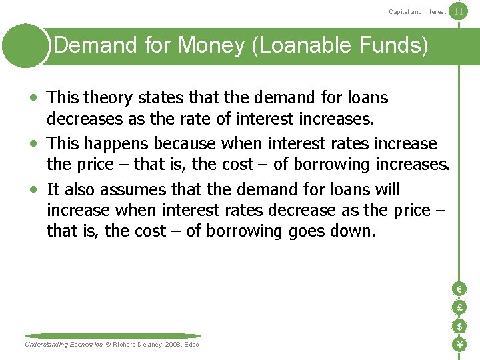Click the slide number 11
458,11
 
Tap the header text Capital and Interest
417,11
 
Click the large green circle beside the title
25,45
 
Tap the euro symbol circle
459,289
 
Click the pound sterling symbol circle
459,307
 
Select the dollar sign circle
459,326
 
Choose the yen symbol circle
459,345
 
